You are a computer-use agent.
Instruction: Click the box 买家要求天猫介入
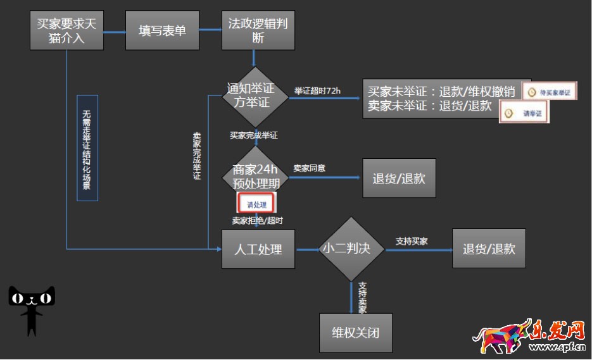[66, 30]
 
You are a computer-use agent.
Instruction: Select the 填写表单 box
[163, 30]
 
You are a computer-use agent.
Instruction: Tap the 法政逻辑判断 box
[258, 30]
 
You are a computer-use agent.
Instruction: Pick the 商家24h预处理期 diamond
[256, 177]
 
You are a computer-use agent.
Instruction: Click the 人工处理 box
[258, 249]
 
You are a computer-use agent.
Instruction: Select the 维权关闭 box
[355, 332]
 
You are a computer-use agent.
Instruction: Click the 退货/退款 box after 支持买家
[489, 249]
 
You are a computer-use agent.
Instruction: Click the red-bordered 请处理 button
[256, 204]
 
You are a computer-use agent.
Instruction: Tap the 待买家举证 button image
[550, 92]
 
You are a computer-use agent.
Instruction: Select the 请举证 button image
[524, 113]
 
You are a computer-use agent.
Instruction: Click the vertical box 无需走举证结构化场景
[87, 148]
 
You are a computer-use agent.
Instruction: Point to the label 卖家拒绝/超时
[257, 220]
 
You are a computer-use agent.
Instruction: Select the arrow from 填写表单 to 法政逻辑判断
[210, 30]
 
